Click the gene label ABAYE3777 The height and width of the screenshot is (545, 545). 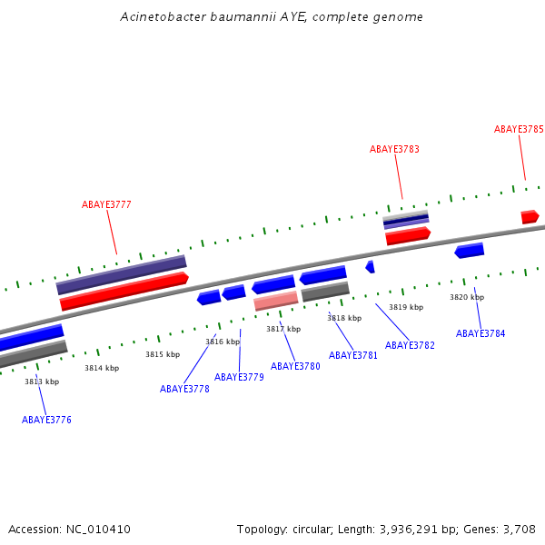[x=106, y=204]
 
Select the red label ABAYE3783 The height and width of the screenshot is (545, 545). [x=394, y=149]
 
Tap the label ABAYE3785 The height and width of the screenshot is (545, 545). [x=519, y=129]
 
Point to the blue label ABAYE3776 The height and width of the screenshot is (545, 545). [x=46, y=420]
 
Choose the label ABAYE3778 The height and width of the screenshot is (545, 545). [x=184, y=389]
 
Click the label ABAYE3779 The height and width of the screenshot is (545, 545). [x=239, y=377]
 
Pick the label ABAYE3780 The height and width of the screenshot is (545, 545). [x=295, y=366]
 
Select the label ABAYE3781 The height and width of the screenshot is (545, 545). [x=353, y=355]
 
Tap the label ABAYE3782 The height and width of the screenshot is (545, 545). [x=410, y=345]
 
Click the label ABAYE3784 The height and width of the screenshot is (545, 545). [x=481, y=333]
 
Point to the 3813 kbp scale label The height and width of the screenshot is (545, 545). [x=42, y=381]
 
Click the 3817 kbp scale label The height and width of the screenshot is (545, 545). [x=283, y=329]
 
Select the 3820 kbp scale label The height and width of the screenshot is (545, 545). [x=467, y=297]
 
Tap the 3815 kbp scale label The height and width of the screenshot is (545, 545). [x=163, y=354]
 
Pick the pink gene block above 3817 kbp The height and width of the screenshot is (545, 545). [x=276, y=300]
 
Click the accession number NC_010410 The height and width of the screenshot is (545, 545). [x=96, y=529]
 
